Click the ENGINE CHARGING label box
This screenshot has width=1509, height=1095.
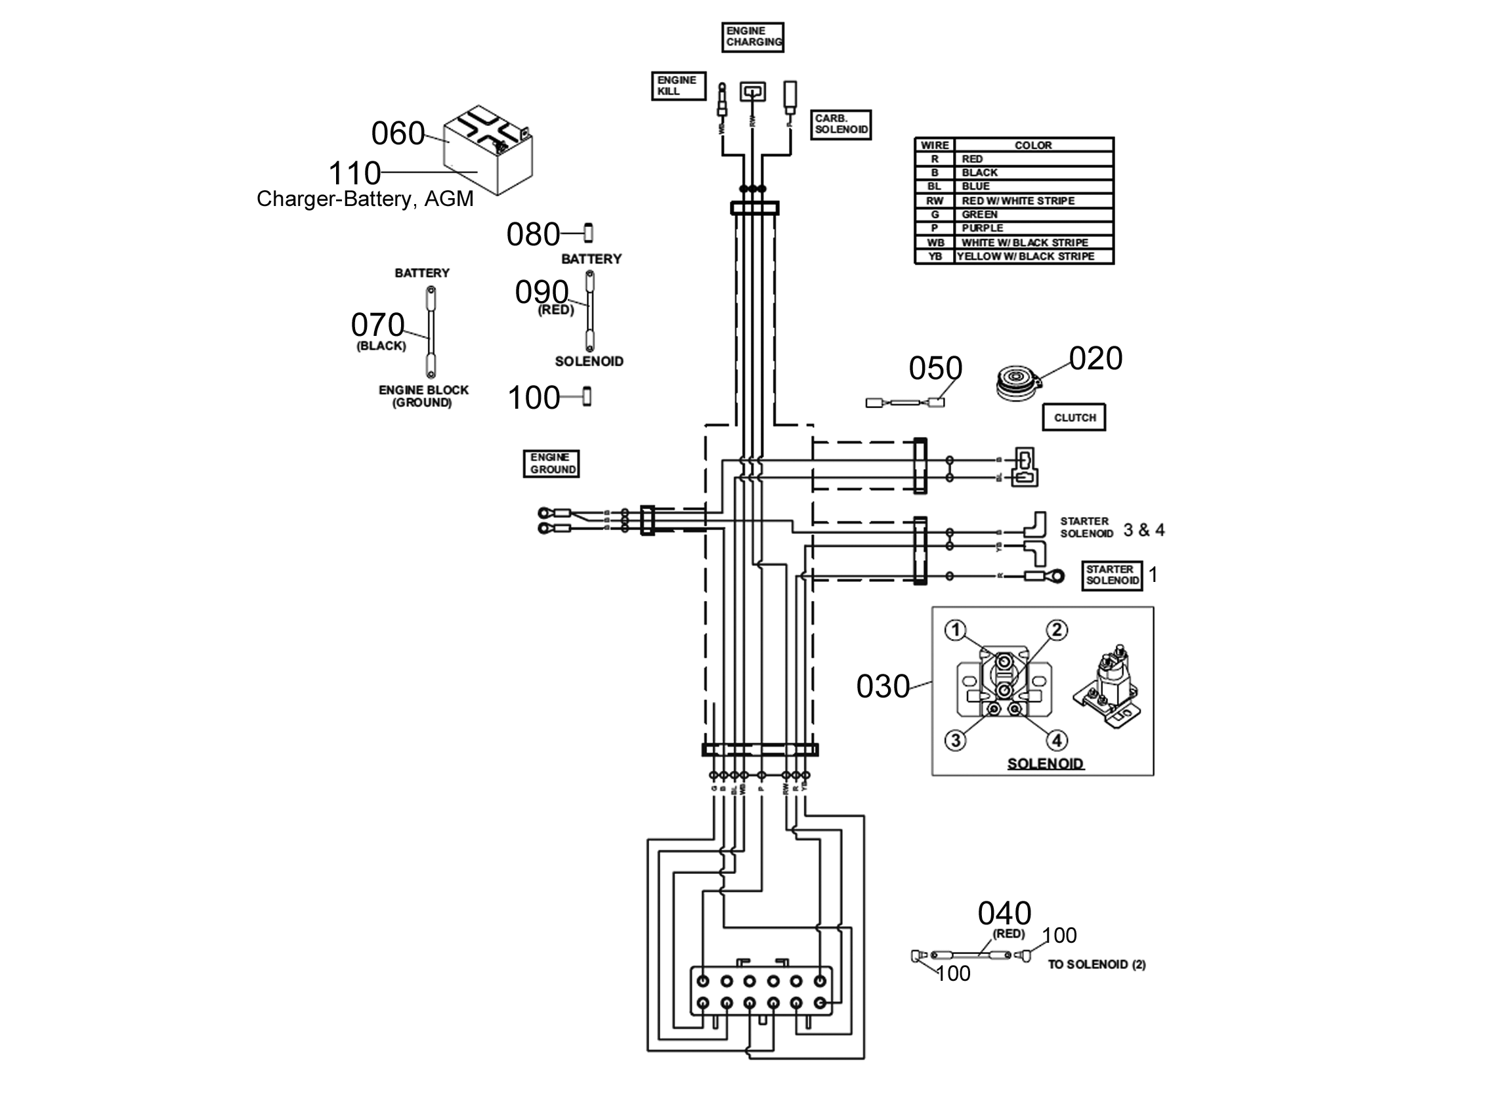coord(752,37)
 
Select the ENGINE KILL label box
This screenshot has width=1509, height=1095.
coord(677,86)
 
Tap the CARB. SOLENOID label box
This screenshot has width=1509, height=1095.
coord(840,125)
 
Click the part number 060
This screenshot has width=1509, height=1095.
coord(398,134)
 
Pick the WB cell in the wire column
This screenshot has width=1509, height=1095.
coord(935,243)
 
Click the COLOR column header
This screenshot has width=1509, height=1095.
coord(1032,145)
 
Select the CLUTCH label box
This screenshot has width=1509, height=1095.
coord(1074,418)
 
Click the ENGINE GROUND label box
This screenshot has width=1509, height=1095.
coord(551,464)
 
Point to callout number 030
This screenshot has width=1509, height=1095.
coord(882,686)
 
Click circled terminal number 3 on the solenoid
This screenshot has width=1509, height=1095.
coord(956,741)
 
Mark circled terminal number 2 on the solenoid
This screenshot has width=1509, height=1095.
coord(1057,630)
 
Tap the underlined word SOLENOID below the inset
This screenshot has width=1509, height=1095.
coord(1044,764)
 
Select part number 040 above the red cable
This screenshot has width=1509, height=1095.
coord(1004,913)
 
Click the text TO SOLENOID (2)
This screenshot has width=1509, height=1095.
coord(1097,964)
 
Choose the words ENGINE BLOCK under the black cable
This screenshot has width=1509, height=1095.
coord(424,390)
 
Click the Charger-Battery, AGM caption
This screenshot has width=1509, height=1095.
coord(364,199)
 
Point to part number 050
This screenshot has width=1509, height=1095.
coord(935,368)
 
